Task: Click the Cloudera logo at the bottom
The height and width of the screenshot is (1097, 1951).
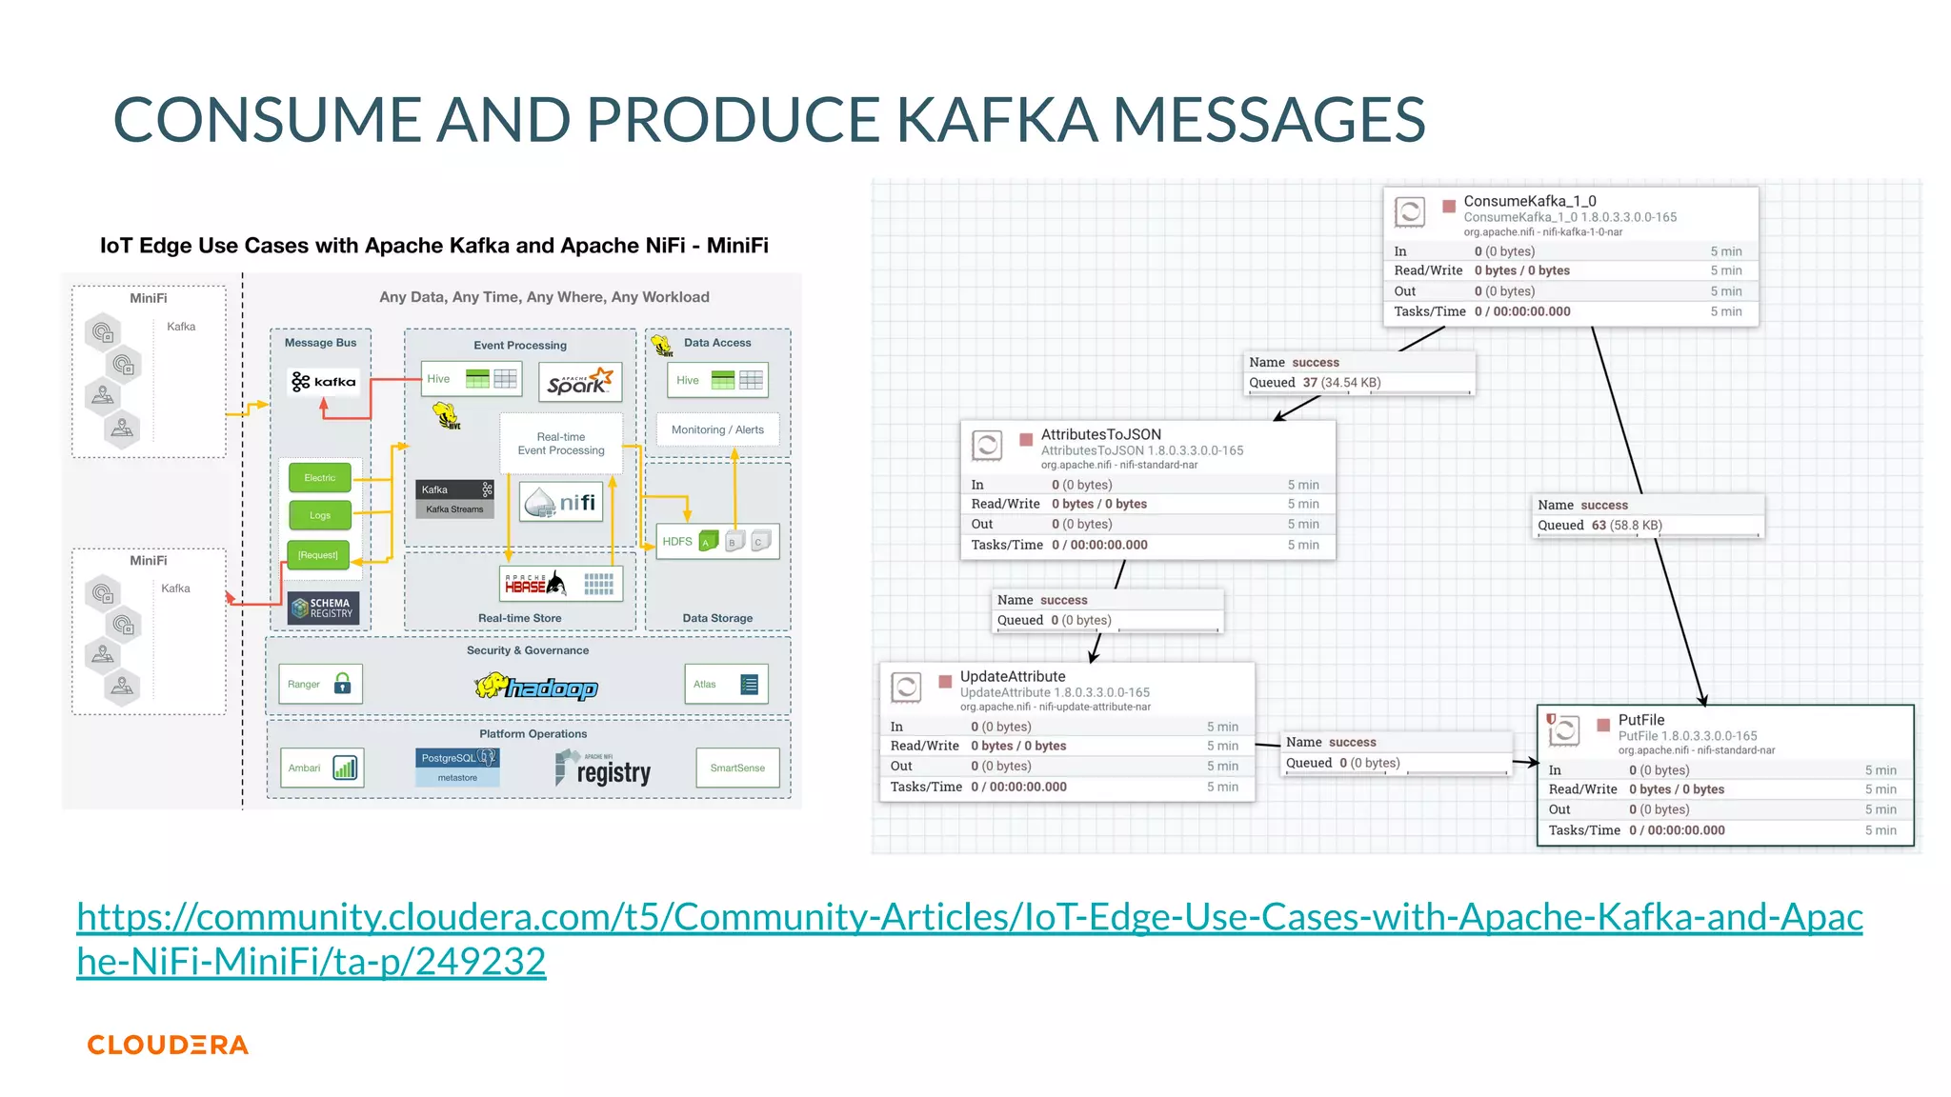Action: click(168, 1045)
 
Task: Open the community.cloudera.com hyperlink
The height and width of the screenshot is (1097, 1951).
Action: click(969, 917)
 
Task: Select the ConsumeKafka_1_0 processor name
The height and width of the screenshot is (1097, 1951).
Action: click(1529, 201)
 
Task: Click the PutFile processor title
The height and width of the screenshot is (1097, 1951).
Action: click(1640, 720)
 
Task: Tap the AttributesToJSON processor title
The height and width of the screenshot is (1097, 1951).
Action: click(1100, 434)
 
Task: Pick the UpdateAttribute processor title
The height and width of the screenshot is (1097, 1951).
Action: click(1012, 677)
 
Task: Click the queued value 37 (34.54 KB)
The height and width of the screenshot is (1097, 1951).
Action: click(1341, 383)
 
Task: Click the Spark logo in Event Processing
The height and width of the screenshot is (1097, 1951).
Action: click(579, 382)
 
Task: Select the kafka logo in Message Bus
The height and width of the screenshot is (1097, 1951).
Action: click(323, 382)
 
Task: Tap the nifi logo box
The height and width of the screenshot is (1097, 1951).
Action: click(562, 502)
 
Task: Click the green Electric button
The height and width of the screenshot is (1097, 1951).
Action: click(320, 478)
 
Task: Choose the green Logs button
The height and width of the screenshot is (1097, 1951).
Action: click(320, 515)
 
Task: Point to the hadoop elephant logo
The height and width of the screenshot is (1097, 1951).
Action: click(536, 687)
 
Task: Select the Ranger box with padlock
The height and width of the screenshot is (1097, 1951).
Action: click(320, 684)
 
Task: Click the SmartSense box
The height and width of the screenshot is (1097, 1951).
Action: click(737, 768)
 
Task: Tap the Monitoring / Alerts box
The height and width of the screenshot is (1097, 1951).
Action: click(717, 429)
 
